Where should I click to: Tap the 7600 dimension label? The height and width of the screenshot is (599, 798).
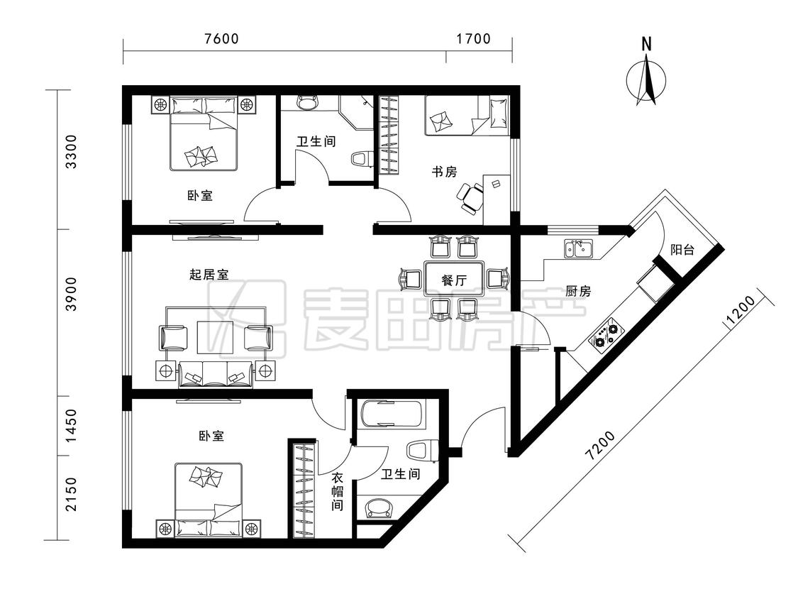click(x=221, y=39)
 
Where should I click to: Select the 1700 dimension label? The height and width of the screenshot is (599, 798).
click(x=473, y=39)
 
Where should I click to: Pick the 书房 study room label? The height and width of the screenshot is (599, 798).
click(x=444, y=172)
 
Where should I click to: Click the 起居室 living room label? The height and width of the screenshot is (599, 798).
click(x=209, y=275)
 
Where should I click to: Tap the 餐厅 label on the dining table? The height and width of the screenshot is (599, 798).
click(x=454, y=280)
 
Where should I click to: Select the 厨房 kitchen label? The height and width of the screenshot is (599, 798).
click(x=578, y=292)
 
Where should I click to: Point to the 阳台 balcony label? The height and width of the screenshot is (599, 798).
click(x=682, y=250)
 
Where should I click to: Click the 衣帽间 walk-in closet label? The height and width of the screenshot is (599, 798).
click(x=337, y=492)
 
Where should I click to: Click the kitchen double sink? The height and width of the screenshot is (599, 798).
click(x=578, y=249)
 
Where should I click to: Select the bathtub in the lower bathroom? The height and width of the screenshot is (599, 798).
click(x=391, y=414)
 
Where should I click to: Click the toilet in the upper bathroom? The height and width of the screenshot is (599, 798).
click(x=361, y=158)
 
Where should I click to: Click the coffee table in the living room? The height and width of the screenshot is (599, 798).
click(x=215, y=337)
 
